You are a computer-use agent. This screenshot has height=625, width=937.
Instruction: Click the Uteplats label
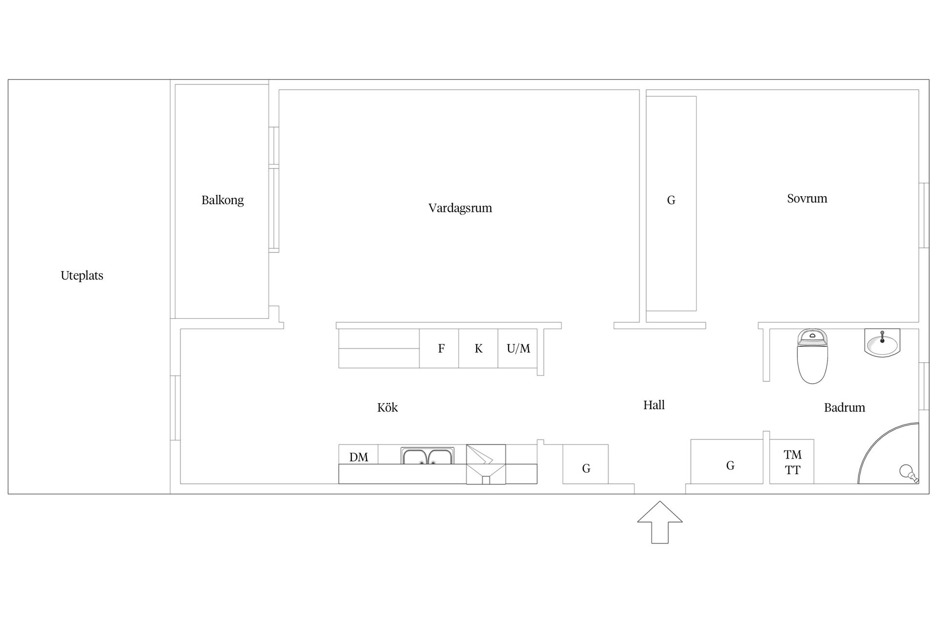tap(82, 275)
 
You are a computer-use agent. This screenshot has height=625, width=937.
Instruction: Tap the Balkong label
tap(223, 200)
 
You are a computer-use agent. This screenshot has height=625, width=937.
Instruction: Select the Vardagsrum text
tap(460, 208)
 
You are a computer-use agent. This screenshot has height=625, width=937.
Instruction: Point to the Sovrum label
tap(807, 198)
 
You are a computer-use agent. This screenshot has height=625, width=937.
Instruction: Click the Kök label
tap(387, 407)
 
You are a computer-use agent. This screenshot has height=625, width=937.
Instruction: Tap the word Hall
tap(654, 405)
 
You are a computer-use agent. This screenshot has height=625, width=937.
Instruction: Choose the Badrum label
tap(844, 407)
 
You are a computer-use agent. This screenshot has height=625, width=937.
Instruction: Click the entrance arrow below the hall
tap(660, 522)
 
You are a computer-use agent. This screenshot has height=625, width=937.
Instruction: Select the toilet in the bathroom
tap(812, 356)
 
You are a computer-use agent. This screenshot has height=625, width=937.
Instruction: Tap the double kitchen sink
tap(428, 456)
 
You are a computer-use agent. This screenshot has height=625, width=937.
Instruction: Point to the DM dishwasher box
tap(359, 455)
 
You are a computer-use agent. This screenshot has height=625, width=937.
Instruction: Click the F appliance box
tap(439, 348)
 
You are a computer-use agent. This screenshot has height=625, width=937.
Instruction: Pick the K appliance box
tap(478, 348)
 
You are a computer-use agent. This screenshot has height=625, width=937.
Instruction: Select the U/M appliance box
tap(518, 348)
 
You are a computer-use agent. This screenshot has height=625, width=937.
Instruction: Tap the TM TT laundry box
tap(792, 462)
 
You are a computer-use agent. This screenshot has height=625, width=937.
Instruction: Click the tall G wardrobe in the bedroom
tap(672, 204)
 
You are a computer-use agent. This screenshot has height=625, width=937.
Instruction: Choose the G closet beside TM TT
tap(727, 462)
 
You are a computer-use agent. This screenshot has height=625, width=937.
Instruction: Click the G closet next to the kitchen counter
tap(586, 464)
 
